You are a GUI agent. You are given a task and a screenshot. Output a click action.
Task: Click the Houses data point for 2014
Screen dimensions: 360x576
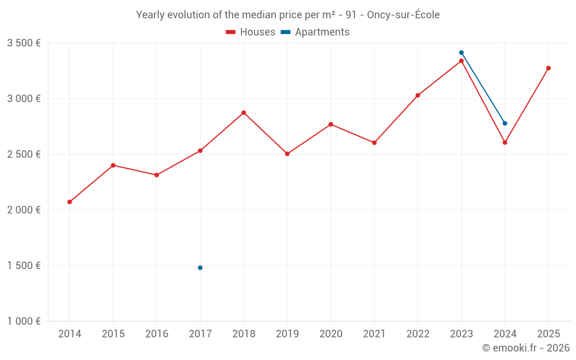click(70, 202)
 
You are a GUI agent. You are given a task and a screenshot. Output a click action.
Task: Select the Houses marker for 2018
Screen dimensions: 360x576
click(244, 113)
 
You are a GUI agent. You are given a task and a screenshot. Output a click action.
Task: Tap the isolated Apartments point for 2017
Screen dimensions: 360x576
click(200, 268)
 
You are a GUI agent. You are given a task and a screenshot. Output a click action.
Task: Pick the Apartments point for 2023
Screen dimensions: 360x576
click(461, 53)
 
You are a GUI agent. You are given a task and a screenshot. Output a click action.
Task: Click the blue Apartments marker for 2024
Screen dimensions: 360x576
click(505, 123)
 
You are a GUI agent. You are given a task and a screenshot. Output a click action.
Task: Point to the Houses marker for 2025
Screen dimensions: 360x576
click(548, 69)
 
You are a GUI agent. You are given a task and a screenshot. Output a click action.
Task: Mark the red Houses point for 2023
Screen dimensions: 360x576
click(461, 61)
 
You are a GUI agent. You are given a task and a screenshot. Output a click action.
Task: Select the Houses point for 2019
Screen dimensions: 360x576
click(287, 154)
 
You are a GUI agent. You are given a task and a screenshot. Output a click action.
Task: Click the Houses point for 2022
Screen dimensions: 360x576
click(418, 96)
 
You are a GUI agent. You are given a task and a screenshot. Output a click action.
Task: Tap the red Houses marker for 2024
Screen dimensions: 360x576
click(505, 142)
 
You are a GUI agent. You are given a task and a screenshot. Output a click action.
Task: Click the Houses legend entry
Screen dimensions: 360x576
click(251, 32)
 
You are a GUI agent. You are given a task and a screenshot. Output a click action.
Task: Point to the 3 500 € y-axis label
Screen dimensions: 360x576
click(24, 43)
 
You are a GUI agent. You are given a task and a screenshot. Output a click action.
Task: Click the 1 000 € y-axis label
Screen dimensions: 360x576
click(24, 321)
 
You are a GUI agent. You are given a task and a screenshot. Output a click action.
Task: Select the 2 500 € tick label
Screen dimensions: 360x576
click(24, 154)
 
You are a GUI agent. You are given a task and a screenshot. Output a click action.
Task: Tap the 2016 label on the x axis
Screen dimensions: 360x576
click(157, 334)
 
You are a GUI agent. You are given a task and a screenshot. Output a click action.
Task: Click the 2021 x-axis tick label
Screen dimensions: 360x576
click(374, 334)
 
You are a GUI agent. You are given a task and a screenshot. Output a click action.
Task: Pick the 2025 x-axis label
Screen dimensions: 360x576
click(548, 334)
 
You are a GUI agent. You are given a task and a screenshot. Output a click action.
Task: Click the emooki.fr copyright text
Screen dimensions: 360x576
click(526, 348)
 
